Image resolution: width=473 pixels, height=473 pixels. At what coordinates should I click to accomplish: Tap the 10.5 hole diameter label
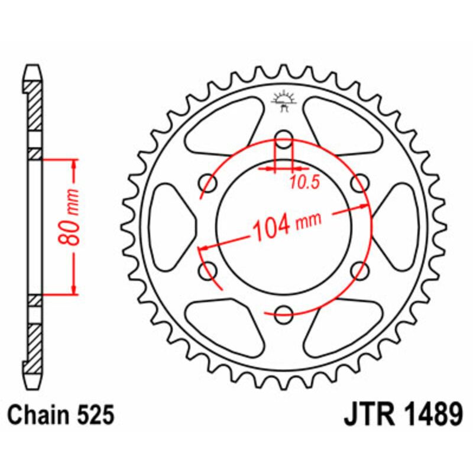point(305,183)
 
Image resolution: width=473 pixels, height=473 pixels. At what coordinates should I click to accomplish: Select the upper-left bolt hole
point(208,182)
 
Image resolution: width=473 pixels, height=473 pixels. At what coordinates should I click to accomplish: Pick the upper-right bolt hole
point(359,182)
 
